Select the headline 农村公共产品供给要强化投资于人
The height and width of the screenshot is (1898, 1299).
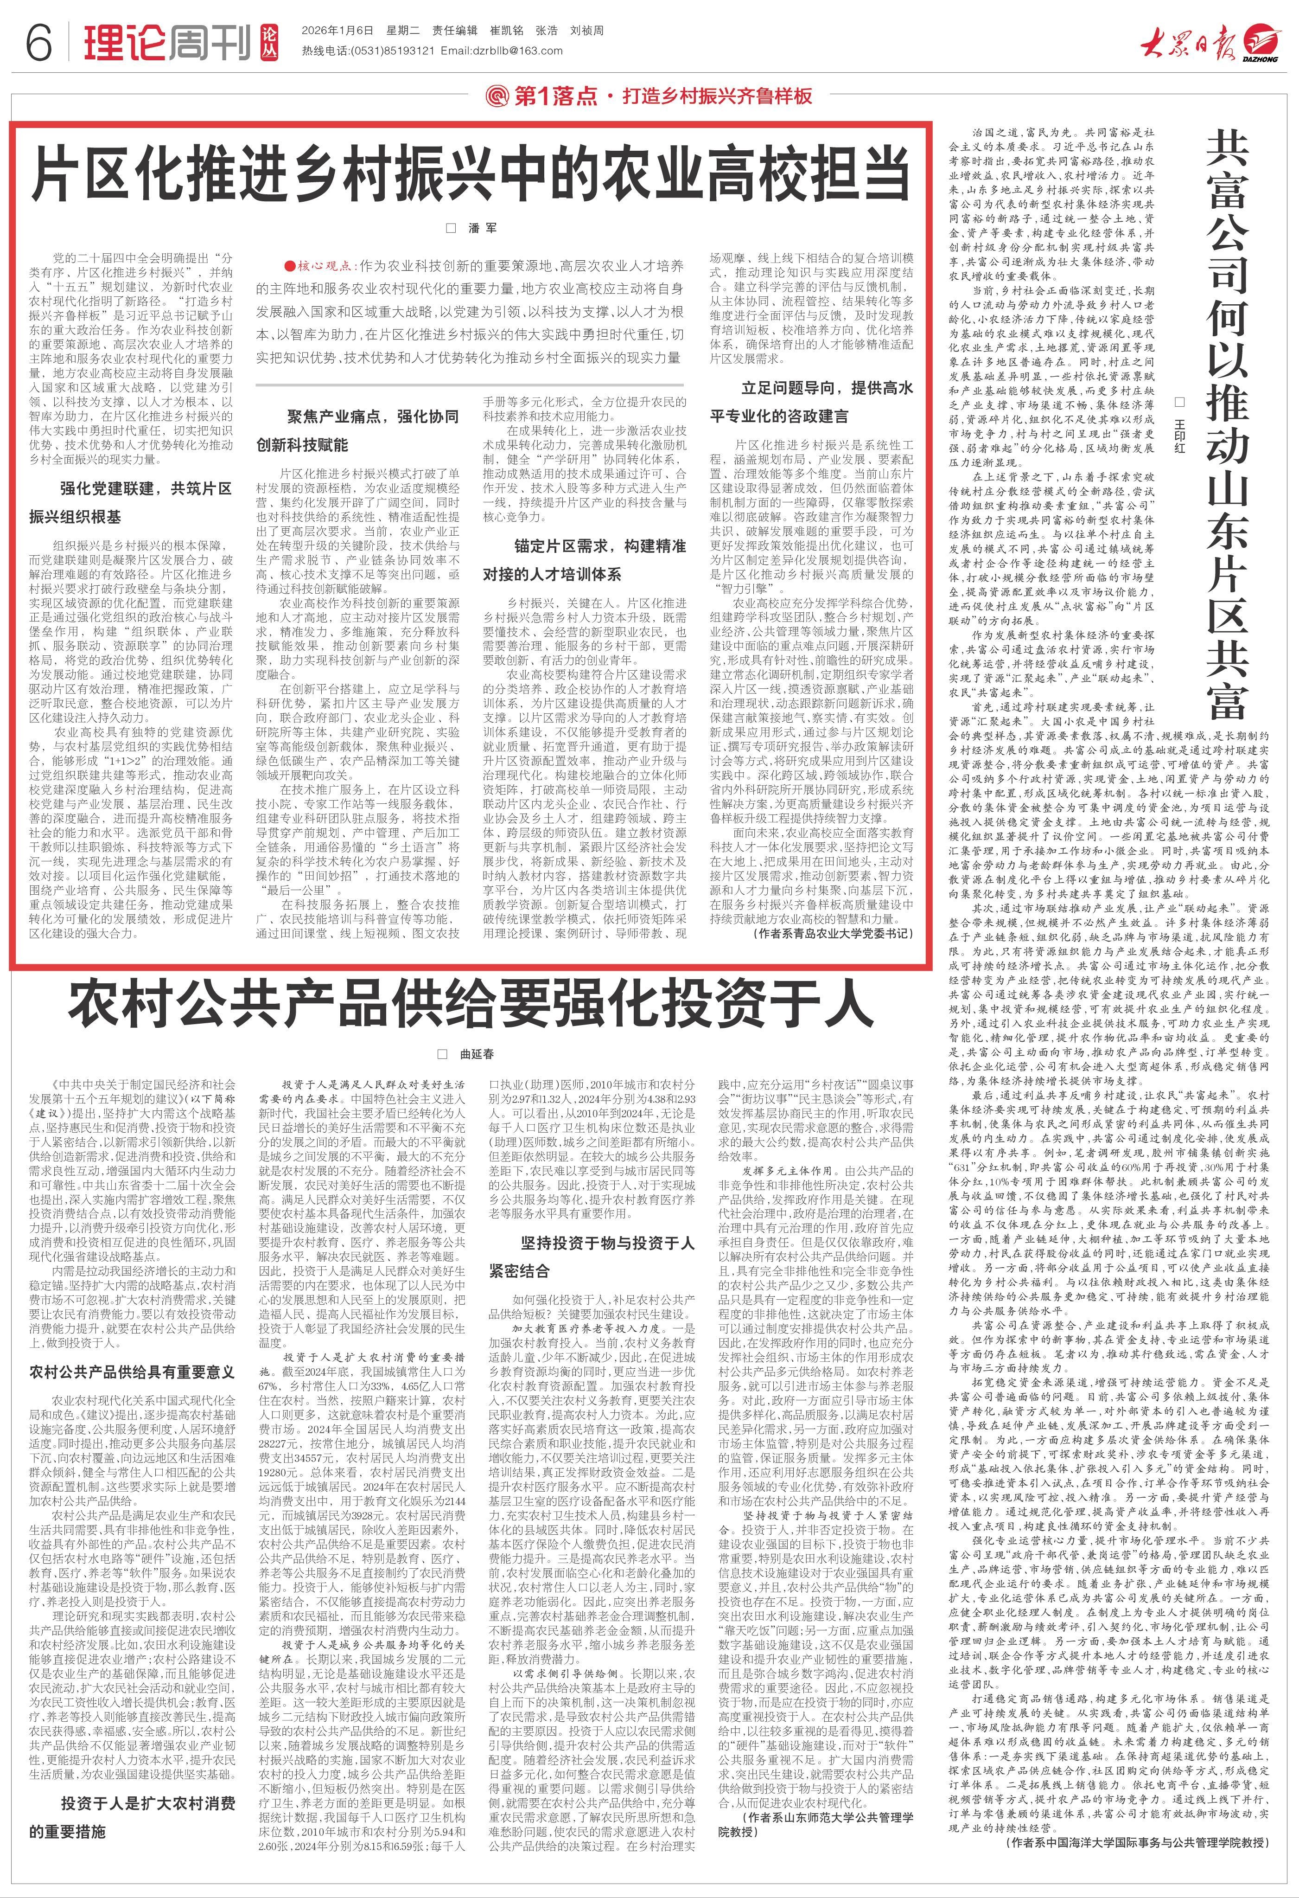pos(471,1007)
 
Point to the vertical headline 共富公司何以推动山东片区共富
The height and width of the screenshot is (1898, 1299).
pos(1231,425)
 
